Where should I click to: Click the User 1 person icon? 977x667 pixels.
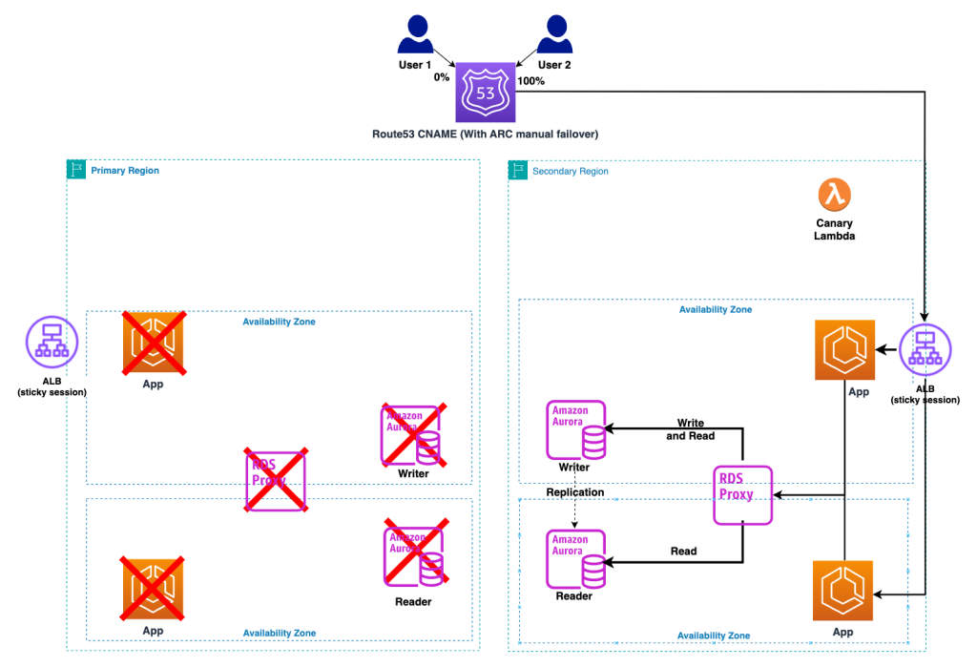415,37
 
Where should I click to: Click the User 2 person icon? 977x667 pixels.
554,37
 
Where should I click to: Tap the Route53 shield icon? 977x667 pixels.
485,92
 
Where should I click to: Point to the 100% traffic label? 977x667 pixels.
530,81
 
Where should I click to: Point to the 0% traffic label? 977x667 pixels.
441,77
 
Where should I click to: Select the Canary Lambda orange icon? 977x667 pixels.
835,195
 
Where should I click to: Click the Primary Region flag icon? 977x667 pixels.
76,170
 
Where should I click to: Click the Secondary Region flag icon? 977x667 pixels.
518,171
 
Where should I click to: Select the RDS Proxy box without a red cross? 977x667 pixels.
742,494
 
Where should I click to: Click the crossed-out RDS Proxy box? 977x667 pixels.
276,480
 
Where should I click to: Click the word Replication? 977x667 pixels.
574,492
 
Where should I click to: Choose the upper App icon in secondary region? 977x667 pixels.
845,350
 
